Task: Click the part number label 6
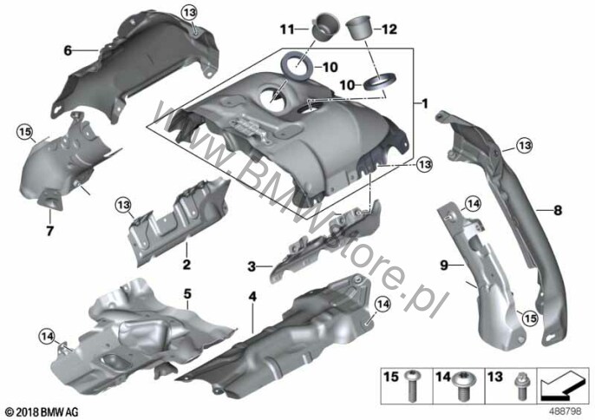pyautogui.click(x=68, y=50)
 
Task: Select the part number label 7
pyautogui.click(x=49, y=231)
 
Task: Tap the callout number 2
pyautogui.click(x=186, y=264)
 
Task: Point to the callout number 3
pyautogui.click(x=252, y=266)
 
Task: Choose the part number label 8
pyautogui.click(x=558, y=210)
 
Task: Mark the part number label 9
pyautogui.click(x=444, y=265)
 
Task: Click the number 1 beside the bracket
pyautogui.click(x=425, y=103)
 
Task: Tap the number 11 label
pyautogui.click(x=287, y=29)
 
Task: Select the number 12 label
pyautogui.click(x=389, y=30)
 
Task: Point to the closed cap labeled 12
pyautogui.click(x=359, y=28)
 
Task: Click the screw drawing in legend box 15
pyautogui.click(x=411, y=385)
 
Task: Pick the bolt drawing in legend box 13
pyautogui.click(x=518, y=386)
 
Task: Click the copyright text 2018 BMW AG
pyautogui.click(x=42, y=411)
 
